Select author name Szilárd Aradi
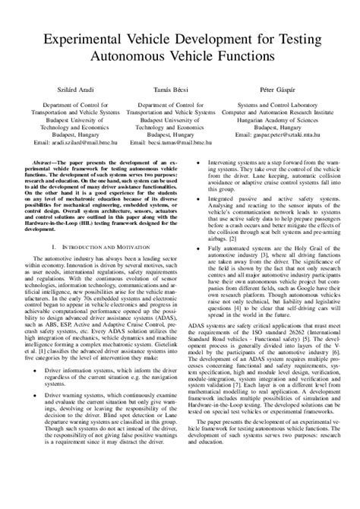tap(65, 90)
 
